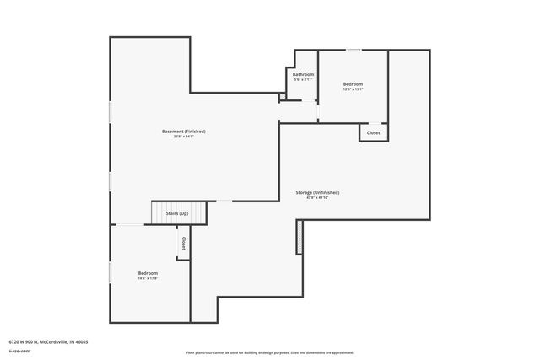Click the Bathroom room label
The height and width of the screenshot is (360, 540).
(303, 74)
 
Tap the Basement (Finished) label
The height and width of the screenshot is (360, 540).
(184, 131)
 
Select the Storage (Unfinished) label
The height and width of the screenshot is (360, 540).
(317, 192)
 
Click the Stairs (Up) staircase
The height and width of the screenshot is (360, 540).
(178, 214)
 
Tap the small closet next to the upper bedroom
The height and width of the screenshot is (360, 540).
(373, 132)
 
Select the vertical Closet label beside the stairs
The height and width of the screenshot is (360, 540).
(183, 242)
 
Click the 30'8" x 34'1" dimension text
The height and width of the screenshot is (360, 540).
(184, 137)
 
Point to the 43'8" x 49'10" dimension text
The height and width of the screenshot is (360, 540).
(317, 198)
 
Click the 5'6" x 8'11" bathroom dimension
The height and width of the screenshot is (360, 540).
(303, 79)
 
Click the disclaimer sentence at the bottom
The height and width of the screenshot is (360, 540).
(270, 352)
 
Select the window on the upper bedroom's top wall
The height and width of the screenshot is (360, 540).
(354, 51)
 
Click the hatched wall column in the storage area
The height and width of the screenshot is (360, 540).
(299, 239)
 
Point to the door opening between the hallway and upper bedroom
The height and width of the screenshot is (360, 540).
(318, 111)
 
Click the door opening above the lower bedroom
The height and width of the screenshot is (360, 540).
(129, 224)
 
